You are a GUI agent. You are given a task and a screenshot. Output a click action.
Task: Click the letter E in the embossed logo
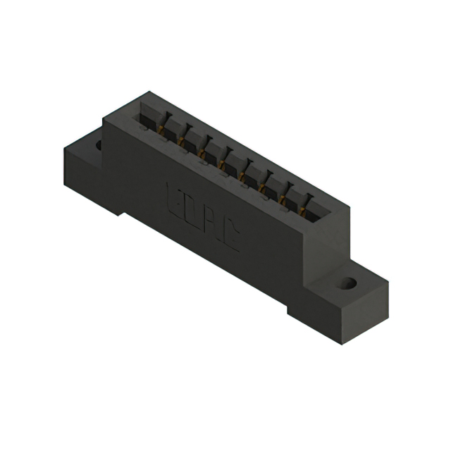click(174, 199)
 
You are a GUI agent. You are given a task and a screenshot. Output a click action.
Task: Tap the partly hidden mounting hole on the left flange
click(98, 145)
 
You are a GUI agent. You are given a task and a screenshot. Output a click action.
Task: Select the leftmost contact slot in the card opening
click(150, 115)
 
